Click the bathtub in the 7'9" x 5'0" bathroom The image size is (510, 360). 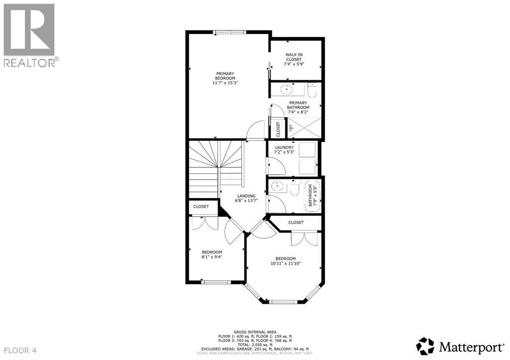(x=312, y=196)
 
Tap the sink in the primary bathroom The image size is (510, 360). (x=287, y=90)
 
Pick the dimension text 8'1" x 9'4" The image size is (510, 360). (x=212, y=257)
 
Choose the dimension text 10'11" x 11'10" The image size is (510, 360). (x=286, y=264)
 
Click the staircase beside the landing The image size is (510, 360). (x=217, y=169)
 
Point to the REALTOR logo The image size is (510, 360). (x=30, y=35)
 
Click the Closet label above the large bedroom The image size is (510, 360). (x=296, y=223)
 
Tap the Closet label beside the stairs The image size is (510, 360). (x=201, y=206)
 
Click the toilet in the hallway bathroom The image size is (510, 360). (x=294, y=189)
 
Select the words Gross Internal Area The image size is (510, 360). (x=255, y=332)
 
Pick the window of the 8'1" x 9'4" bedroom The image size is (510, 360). (x=216, y=282)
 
